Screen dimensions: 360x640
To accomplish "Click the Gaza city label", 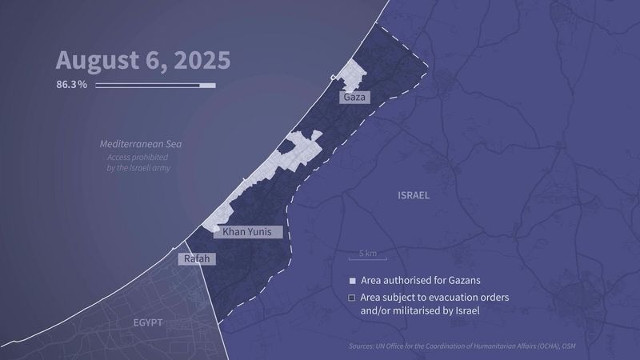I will [354, 98].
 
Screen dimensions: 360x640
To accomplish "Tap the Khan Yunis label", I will [252, 232].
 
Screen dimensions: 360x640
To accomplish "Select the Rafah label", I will [197, 259].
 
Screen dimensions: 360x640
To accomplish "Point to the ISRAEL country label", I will [414, 195].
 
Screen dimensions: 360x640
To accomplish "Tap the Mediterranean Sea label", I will [141, 145].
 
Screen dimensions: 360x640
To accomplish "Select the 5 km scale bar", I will [368, 257].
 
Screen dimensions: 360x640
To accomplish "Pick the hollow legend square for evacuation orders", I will [351, 298].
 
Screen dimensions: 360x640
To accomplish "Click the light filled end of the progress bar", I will [207, 84].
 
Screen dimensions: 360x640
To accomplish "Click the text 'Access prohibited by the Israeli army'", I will [139, 163].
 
